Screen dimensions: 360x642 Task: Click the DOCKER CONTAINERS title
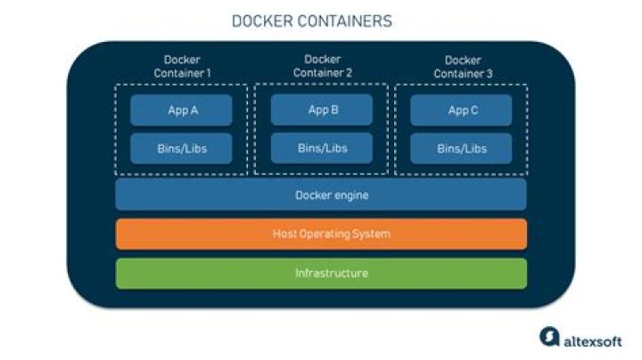pos(311,20)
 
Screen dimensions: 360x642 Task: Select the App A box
pos(181,110)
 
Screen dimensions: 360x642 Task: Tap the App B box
pos(322,110)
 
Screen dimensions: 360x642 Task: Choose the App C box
pos(461,110)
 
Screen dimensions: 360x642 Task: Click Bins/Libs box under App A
pos(181,149)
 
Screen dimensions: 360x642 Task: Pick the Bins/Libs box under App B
pos(322,148)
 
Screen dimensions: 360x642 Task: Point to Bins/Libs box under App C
pos(461,149)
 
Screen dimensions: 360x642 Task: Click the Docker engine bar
pos(321,195)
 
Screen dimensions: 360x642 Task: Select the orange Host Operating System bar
pos(321,234)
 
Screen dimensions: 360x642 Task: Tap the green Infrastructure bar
pos(321,273)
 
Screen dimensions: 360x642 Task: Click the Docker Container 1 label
pos(181,67)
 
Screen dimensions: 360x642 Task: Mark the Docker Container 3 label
pos(461,67)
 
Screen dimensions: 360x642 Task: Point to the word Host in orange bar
pos(284,234)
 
